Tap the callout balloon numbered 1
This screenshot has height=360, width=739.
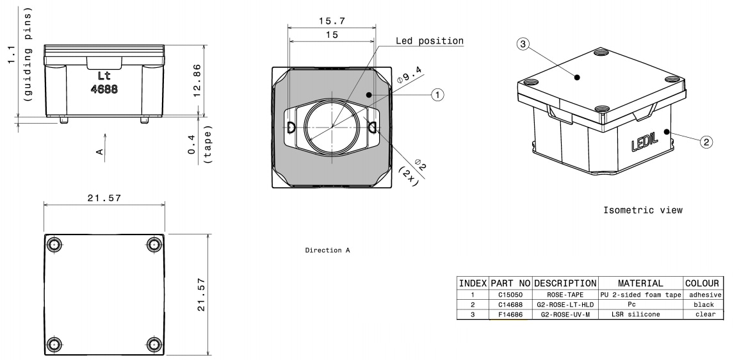tap(437, 95)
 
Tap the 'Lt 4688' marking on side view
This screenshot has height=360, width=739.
tap(103, 83)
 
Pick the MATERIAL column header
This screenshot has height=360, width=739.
tap(640, 283)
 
